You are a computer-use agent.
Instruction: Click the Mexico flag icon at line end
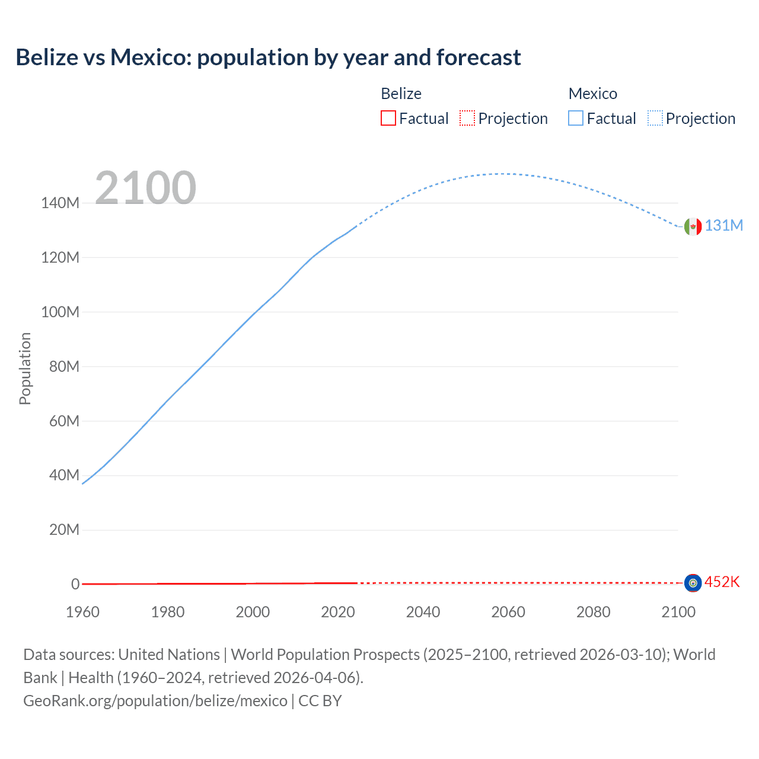coord(693,227)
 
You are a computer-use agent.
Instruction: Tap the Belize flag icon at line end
coord(693,583)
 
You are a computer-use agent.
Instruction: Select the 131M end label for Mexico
coord(723,226)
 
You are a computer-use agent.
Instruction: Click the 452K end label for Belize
coord(722,582)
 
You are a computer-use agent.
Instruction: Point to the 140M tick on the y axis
coord(60,203)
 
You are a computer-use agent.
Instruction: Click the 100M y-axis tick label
coord(60,312)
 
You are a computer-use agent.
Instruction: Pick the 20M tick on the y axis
coord(64,530)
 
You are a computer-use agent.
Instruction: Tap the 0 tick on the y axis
coord(75,585)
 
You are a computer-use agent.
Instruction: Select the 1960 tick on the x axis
coord(82,613)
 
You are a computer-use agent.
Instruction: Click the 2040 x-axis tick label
coord(423,613)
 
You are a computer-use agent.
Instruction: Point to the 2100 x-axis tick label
coord(678,613)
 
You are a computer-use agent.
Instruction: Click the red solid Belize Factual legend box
coord(388,119)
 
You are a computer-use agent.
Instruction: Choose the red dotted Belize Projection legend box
coord(467,119)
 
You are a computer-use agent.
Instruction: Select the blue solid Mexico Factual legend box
coord(576,119)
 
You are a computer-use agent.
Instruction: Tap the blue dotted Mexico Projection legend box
coord(655,119)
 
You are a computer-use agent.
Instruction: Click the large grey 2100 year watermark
coord(145,188)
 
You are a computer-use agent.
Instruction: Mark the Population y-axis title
coord(25,368)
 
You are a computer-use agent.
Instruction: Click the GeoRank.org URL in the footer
coord(155,701)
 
